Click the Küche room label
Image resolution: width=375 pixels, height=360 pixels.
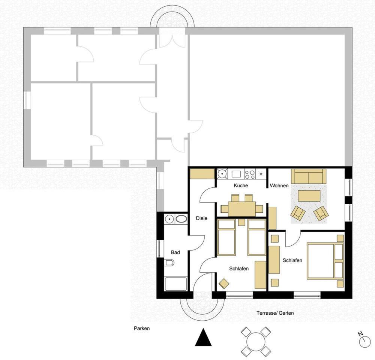[x=241, y=185]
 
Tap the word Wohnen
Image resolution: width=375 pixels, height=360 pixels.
[x=279, y=185]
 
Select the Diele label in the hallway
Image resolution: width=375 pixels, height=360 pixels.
[x=201, y=218]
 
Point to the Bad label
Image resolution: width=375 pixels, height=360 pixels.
[x=175, y=252]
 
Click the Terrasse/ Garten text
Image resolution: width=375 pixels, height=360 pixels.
[x=275, y=313]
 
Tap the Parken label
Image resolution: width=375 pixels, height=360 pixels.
[x=142, y=329]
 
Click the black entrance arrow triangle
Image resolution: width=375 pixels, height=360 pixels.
[x=203, y=337]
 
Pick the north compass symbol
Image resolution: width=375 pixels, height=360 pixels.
[x=365, y=339]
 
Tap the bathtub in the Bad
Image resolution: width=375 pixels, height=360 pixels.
[x=176, y=284]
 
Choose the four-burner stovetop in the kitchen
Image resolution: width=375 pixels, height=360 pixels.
[x=250, y=174]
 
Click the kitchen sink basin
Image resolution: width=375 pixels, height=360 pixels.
[x=236, y=174]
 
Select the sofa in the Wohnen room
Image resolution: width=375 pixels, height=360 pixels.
[x=309, y=176]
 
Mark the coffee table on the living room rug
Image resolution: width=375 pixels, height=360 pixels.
[x=309, y=196]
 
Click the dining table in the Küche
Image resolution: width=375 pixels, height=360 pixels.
[x=242, y=209]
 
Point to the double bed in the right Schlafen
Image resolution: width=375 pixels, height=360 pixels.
[x=325, y=261]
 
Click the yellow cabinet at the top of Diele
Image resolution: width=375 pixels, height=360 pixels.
[x=202, y=174]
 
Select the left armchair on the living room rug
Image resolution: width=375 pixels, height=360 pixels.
[x=298, y=213]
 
